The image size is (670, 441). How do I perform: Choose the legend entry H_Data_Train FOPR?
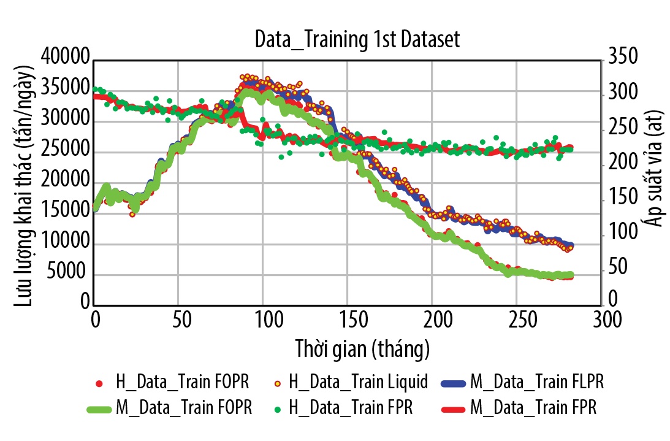pos(182,383)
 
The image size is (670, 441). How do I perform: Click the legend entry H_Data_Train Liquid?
pos(358,383)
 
